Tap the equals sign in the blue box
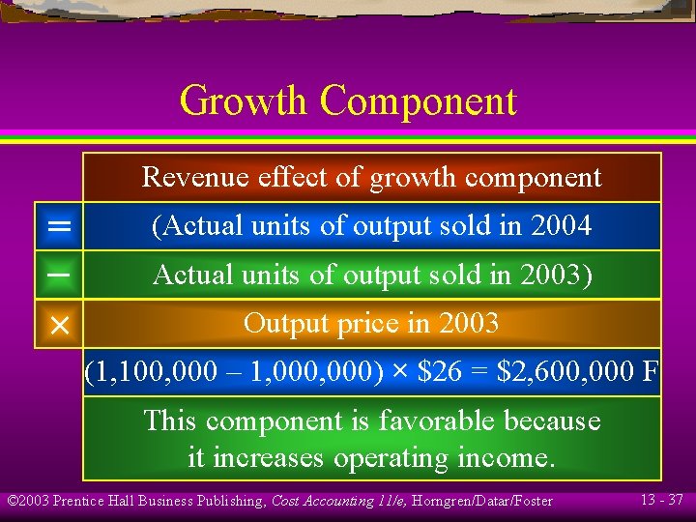click(x=59, y=227)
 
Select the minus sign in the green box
click(x=59, y=275)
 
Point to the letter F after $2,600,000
click(x=650, y=372)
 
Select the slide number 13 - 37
click(x=661, y=500)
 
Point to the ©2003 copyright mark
click(x=28, y=501)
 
